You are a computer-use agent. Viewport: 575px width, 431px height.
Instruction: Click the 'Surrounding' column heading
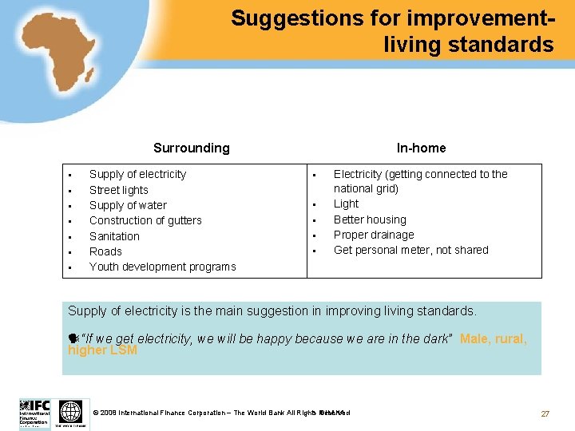coord(191,148)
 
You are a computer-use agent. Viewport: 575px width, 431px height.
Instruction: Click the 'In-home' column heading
coord(421,148)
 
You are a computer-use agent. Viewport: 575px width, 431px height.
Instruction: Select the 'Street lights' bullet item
coord(118,190)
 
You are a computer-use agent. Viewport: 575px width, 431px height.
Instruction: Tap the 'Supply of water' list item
coord(128,205)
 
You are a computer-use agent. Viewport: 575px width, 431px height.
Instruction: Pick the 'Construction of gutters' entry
coord(145,220)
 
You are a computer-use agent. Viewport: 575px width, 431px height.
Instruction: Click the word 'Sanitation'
coord(114,236)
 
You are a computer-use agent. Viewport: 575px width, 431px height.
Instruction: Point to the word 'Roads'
coord(105,251)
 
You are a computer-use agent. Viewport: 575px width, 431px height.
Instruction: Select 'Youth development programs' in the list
coord(162,267)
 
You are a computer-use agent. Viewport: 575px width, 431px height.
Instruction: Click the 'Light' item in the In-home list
coord(346,204)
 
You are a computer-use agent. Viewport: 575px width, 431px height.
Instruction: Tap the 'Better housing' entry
coord(370,219)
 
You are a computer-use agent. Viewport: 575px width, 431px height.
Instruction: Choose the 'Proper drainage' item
coord(374,235)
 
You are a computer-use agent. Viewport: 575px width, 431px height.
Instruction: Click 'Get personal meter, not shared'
coord(410,250)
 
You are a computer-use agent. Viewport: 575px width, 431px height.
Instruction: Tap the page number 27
coord(545,413)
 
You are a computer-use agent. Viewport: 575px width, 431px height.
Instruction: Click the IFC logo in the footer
coord(34,413)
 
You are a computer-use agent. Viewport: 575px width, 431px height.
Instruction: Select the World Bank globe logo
coord(71,413)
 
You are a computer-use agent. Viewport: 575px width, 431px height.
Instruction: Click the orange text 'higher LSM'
coord(102,350)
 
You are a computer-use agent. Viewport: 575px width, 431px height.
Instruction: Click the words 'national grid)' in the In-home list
coord(366,188)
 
